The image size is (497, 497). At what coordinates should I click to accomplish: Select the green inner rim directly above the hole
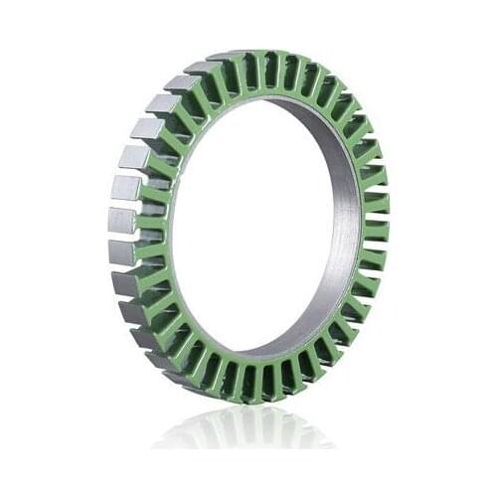point(260,94)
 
